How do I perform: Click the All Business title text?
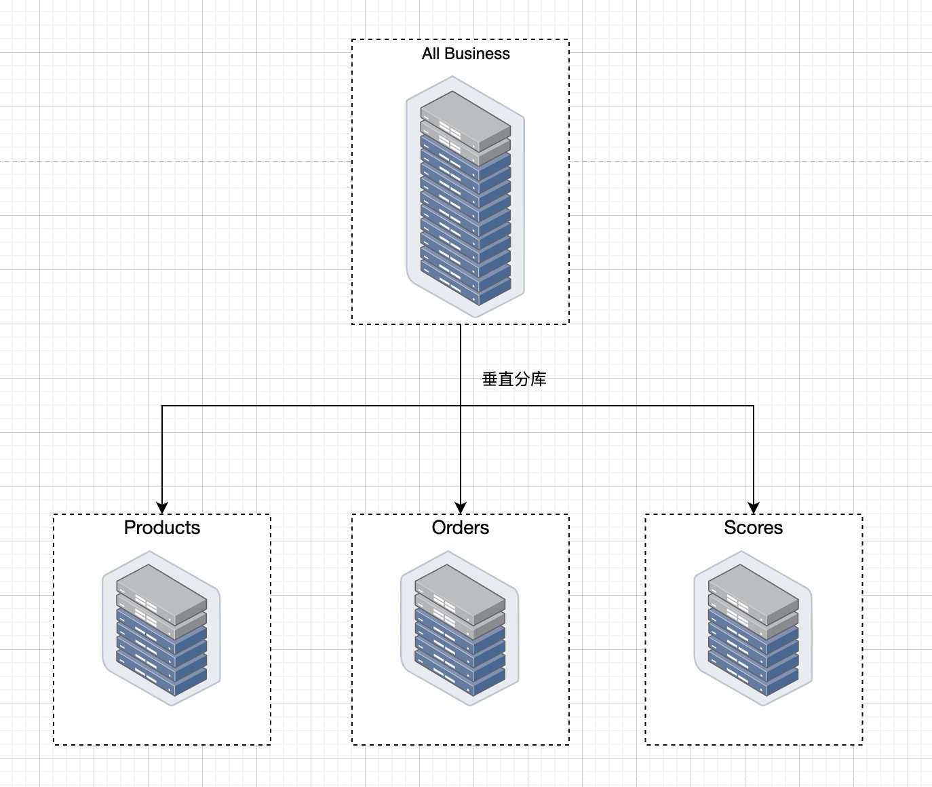(465, 54)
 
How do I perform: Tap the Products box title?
(162, 528)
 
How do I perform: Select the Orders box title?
(460, 528)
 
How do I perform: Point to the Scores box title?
(754, 528)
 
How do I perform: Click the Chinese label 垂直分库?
(514, 379)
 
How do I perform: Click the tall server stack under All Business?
(465, 197)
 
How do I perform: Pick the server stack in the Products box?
(161, 628)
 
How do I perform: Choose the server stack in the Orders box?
(460, 628)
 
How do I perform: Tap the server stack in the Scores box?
(753, 628)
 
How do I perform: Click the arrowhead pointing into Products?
(162, 508)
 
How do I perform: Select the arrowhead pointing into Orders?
(461, 508)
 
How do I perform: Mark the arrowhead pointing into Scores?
(754, 508)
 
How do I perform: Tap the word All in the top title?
(431, 54)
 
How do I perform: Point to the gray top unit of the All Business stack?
(465, 121)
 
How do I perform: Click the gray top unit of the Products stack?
(161, 594)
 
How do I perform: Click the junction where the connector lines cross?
(461, 406)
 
